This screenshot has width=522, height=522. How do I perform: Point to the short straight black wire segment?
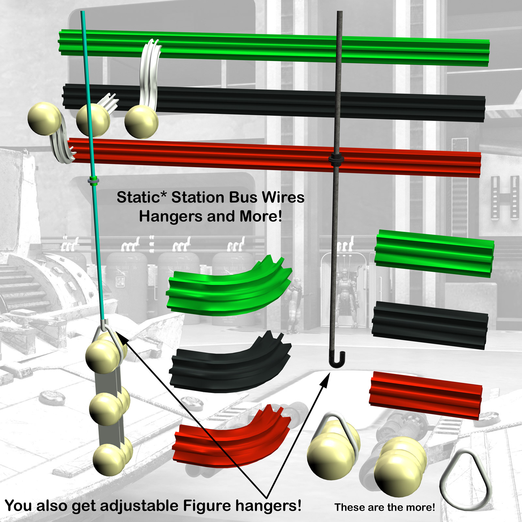430,325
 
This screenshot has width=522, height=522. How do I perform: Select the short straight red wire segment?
425,395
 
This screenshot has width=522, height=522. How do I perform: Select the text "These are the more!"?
385,507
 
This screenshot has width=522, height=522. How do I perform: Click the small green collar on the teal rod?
94,180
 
